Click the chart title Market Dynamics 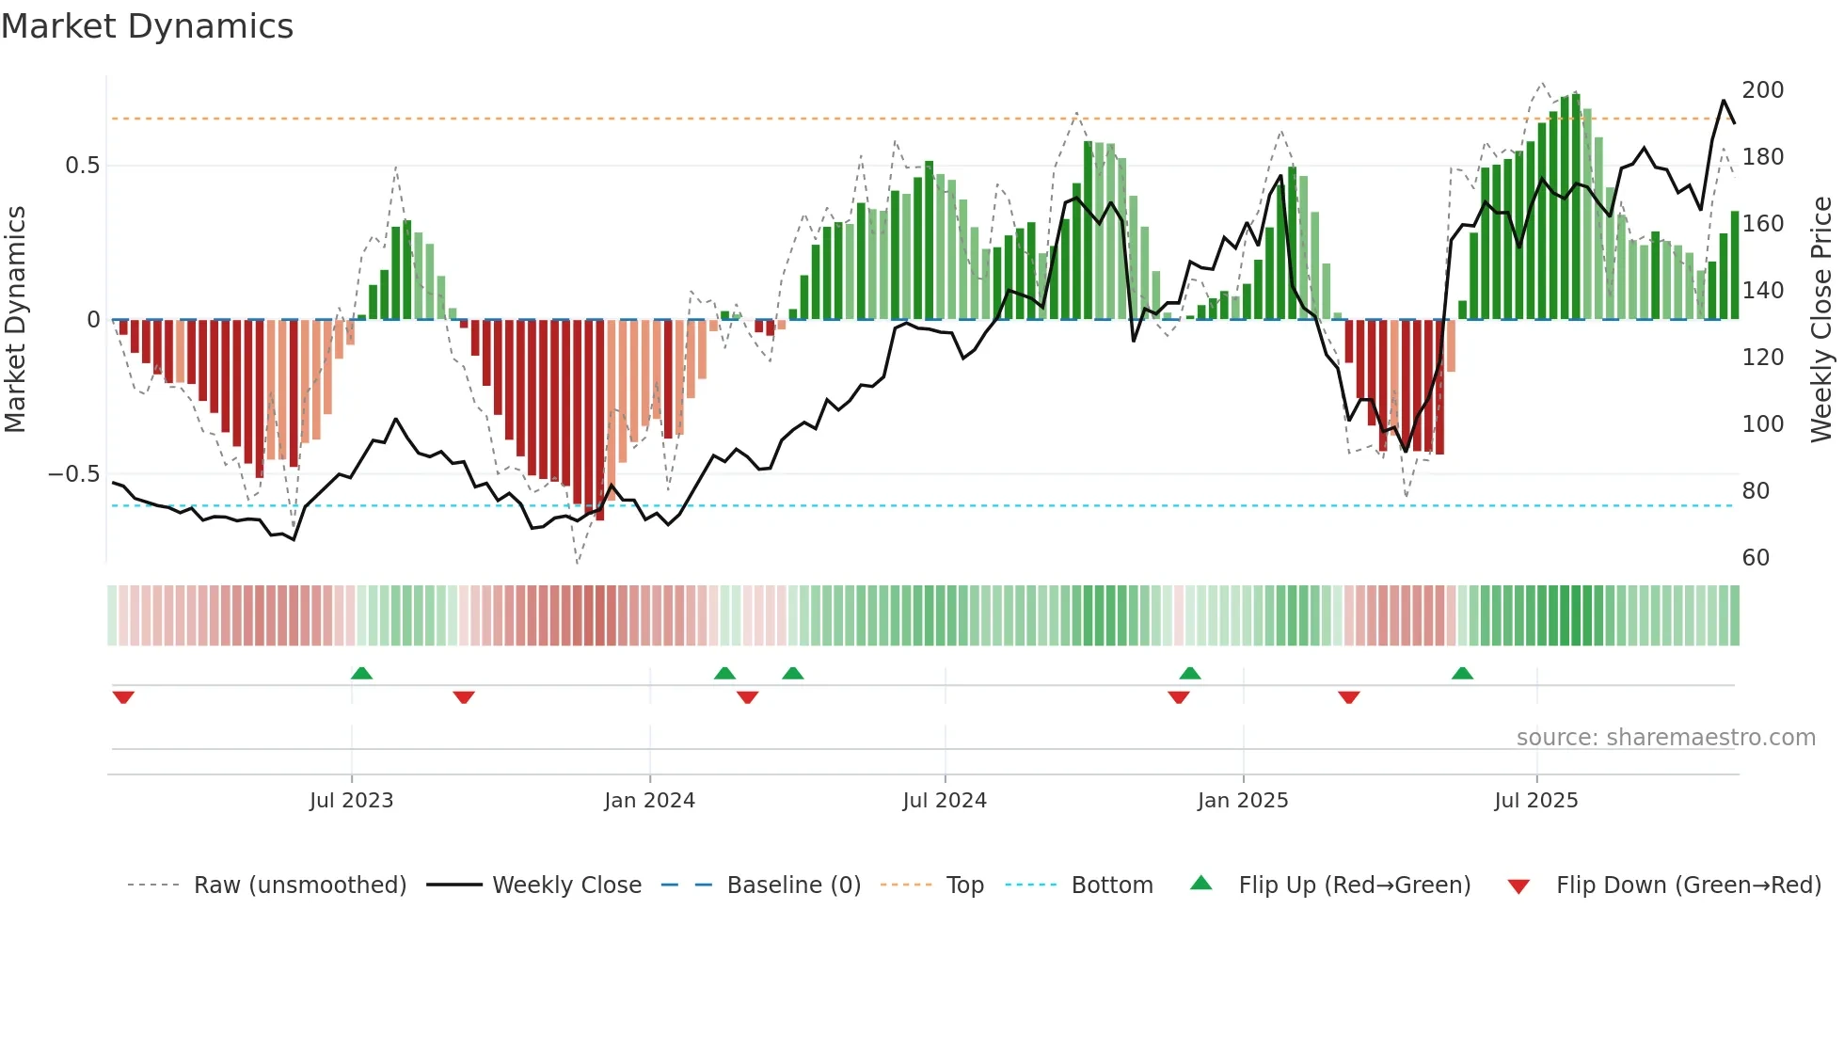point(147,26)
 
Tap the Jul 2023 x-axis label point(351,801)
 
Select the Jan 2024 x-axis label point(649,801)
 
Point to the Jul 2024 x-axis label point(945,801)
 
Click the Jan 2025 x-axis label point(1243,801)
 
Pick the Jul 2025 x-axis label point(1536,801)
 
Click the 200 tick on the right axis point(1762,90)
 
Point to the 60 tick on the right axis point(1756,558)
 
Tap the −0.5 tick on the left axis point(74,474)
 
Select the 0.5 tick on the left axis point(82,166)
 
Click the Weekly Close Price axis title point(1821,320)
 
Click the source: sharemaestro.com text point(1665,738)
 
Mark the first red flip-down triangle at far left point(123,697)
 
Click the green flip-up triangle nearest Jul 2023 point(361,673)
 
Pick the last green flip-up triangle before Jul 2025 point(1462,673)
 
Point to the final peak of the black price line point(1724,101)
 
